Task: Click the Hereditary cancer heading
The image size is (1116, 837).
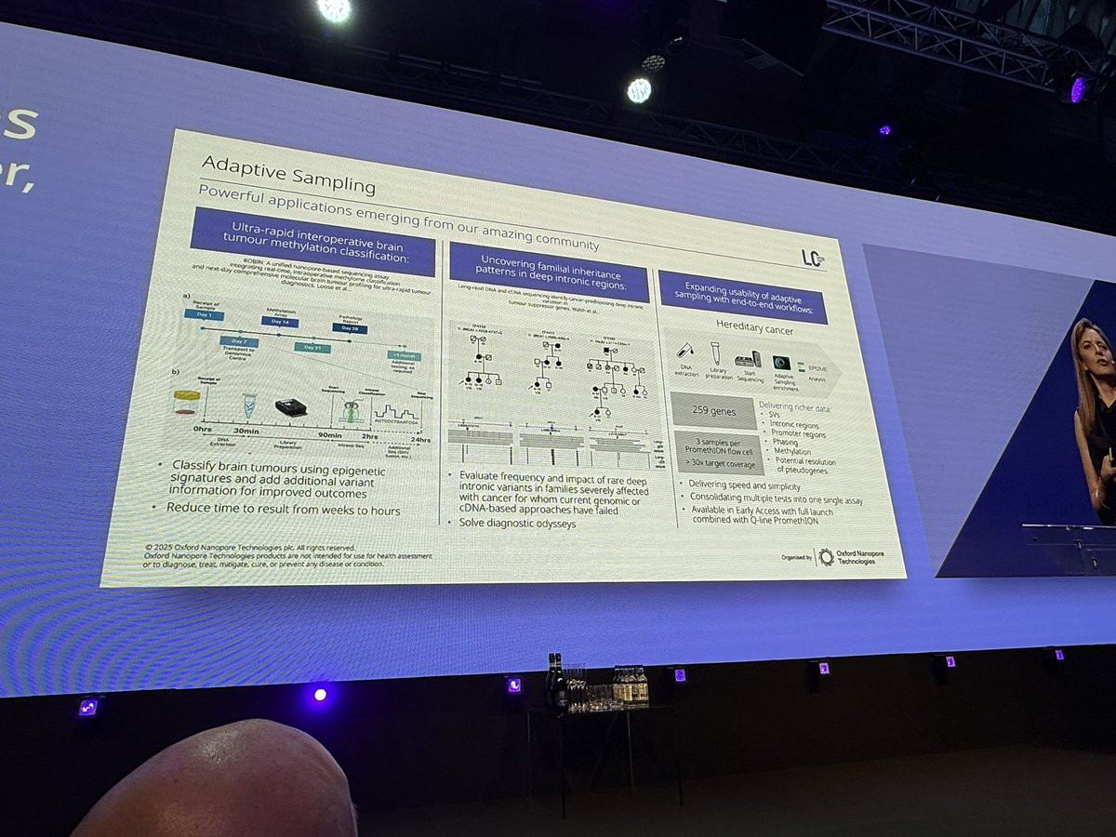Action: coord(752,325)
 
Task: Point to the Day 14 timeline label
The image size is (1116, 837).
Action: coord(279,321)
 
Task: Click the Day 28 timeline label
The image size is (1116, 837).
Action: coord(350,328)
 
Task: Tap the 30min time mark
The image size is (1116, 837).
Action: coord(247,431)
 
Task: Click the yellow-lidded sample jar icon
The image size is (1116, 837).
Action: coord(186,401)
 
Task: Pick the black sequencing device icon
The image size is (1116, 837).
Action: coord(291,407)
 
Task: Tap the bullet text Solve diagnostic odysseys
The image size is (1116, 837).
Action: coord(517,523)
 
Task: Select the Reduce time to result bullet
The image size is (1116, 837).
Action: coord(283,509)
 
